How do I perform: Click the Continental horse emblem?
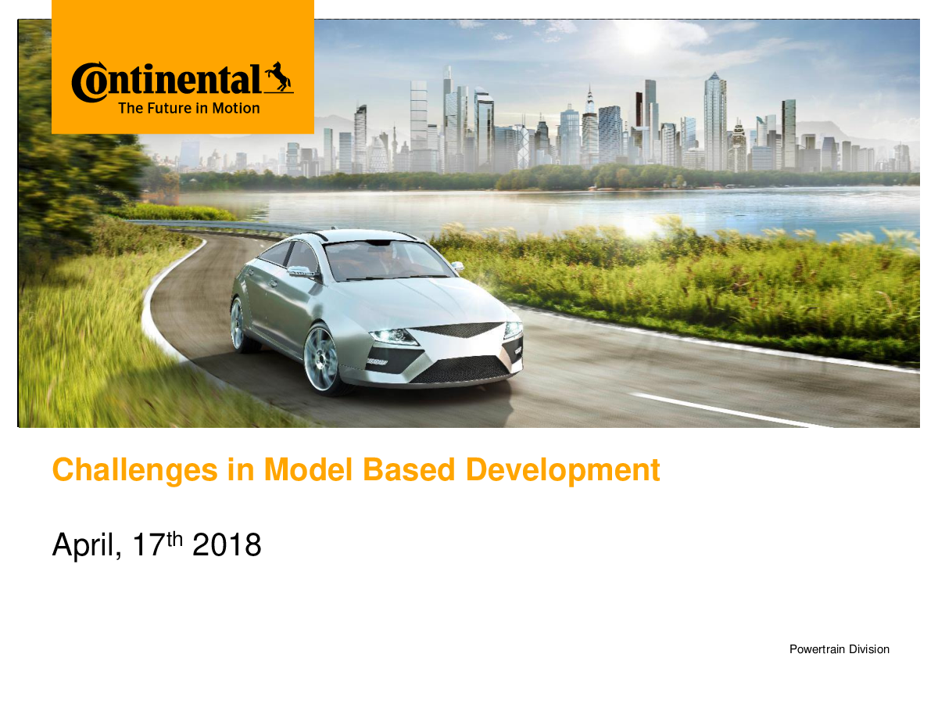click(x=279, y=77)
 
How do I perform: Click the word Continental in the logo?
click(x=166, y=82)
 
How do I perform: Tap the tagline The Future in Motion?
click(x=189, y=108)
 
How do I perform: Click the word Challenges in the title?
click(x=134, y=471)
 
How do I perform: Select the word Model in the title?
click(x=308, y=470)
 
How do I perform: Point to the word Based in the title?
click(x=409, y=470)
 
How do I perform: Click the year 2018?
click(x=227, y=545)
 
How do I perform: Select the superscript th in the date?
click(x=174, y=540)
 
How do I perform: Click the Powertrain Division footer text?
click(x=839, y=649)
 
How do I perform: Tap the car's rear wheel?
click(x=238, y=325)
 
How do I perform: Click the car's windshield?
click(x=388, y=260)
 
